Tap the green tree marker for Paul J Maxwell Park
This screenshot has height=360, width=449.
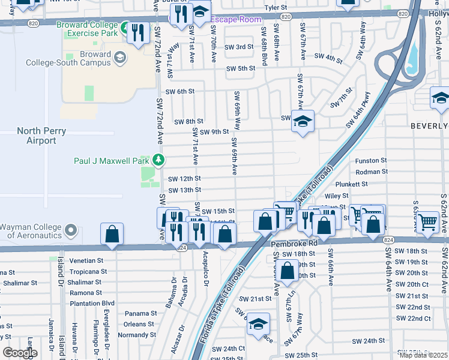(x=158, y=160)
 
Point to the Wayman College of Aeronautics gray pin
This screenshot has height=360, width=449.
(x=71, y=230)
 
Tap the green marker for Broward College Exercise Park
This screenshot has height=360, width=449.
(x=125, y=28)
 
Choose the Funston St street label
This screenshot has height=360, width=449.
(x=371, y=161)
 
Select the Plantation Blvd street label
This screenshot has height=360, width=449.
(x=91, y=304)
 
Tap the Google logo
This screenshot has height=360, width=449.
(x=19, y=353)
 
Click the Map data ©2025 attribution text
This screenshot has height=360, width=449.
(x=423, y=355)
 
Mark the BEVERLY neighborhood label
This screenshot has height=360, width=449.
(x=429, y=126)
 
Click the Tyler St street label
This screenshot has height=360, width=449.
(x=276, y=8)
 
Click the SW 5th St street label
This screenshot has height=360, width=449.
(x=240, y=68)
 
